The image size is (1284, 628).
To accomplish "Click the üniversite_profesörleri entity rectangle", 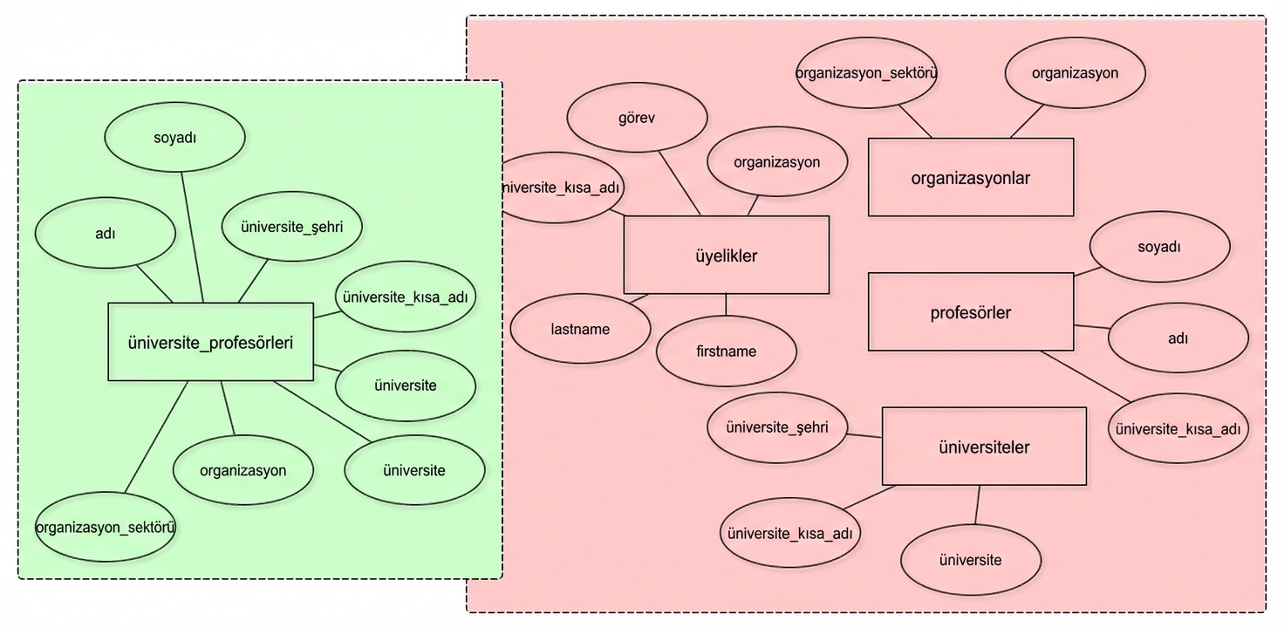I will (210, 342).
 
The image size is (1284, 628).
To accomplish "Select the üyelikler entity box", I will (726, 256).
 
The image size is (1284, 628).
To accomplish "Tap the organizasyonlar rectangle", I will (971, 178).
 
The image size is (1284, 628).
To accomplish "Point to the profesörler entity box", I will (971, 312).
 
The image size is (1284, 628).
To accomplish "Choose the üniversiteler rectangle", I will (984, 447).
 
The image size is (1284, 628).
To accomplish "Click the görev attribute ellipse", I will (636, 118).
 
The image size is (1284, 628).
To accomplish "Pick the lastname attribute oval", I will (580, 329).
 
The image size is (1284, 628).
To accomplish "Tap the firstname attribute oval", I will (727, 352).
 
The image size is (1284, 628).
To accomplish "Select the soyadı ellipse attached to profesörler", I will (1159, 247).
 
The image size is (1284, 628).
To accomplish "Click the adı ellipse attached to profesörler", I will (1178, 338).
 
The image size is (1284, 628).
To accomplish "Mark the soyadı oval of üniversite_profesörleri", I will (174, 137).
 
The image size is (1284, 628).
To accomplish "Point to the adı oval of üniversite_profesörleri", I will (105, 234).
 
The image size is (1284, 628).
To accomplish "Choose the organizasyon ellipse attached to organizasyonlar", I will (1075, 72).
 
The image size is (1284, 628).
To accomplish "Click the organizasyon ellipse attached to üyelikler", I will (776, 161).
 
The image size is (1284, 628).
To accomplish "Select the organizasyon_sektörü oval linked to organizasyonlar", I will (866, 72).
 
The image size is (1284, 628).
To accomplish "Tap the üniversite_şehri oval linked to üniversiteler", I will (776, 427).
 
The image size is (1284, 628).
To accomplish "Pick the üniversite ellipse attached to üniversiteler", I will (970, 559).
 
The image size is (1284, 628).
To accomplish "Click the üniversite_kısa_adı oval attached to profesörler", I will (1178, 428).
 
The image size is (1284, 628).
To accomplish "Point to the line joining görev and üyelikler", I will (679, 182).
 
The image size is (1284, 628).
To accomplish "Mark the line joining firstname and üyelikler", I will (727, 304).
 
